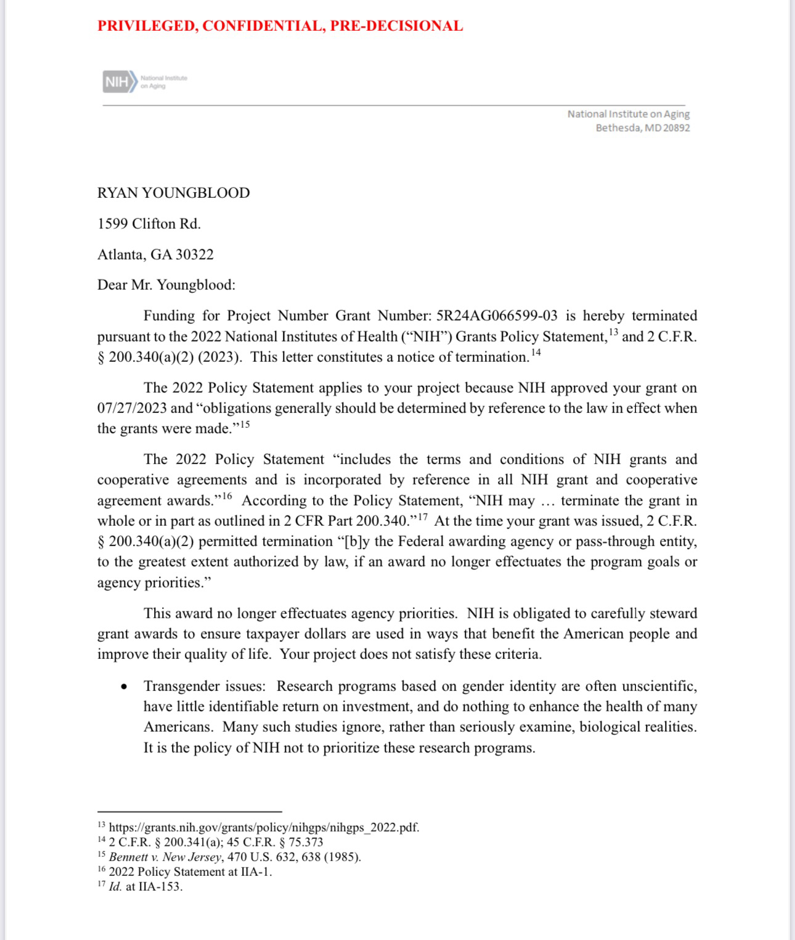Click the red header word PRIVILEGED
point(145,26)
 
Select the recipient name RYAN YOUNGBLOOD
point(173,193)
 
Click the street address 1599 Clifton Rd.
point(149,224)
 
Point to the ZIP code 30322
point(194,255)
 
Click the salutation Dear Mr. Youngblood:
point(166,285)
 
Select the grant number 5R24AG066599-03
point(496,316)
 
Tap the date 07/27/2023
point(132,408)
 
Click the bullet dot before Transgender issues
point(124,687)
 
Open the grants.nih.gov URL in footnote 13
point(264,827)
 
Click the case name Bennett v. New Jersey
point(165,857)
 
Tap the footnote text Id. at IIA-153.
point(145,886)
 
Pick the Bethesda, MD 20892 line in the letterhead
point(642,128)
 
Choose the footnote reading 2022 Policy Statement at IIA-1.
point(190,872)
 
